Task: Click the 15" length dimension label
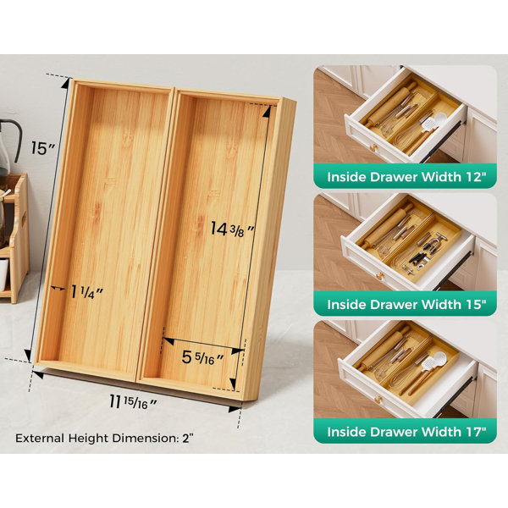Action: coord(43,148)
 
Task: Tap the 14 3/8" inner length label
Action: coord(232,229)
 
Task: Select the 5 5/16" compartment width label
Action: coord(202,357)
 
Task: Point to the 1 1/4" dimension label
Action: coord(87,292)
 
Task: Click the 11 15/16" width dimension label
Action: coord(133,402)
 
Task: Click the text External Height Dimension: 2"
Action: coord(104,439)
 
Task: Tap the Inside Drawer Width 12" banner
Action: coord(405,177)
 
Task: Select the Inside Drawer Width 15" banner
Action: coord(405,304)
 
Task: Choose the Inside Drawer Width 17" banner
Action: coord(405,432)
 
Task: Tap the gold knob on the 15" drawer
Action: coord(379,276)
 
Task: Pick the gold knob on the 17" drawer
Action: coord(378,400)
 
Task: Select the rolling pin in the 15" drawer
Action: coord(388,226)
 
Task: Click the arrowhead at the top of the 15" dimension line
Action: coord(66,83)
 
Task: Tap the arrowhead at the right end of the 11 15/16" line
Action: coord(235,409)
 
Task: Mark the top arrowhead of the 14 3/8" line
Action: coord(267,111)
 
